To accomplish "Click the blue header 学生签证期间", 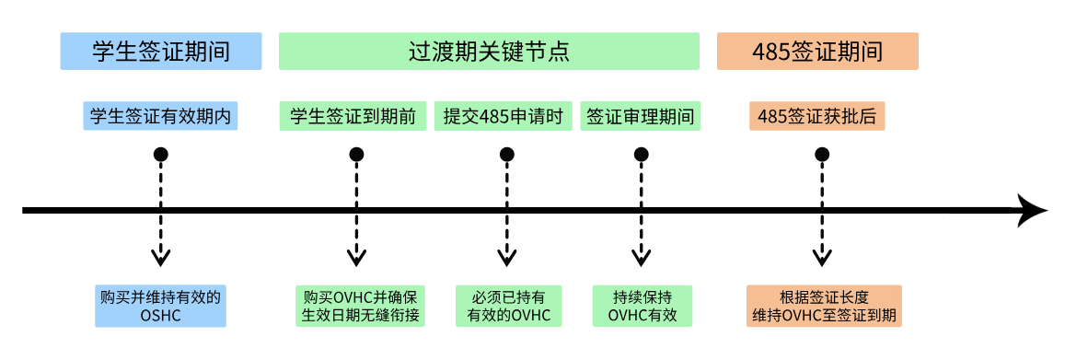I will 160,52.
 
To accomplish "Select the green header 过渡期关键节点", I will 489,52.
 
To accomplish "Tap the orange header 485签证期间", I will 816,52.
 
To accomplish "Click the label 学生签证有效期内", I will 160,116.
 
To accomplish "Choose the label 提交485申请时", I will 503,116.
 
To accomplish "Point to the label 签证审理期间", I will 640,116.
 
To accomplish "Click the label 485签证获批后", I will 816,116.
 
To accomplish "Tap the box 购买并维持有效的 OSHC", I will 161,306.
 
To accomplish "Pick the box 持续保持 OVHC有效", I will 642,306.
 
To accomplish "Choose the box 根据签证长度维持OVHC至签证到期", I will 824,306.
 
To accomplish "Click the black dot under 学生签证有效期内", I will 161,154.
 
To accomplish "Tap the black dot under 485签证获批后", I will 821,154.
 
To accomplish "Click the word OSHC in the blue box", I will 161,315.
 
